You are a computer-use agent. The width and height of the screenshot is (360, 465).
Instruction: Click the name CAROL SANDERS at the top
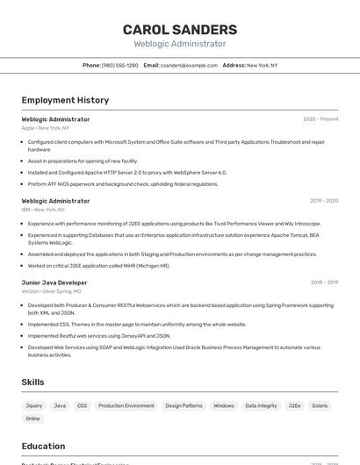tap(180, 30)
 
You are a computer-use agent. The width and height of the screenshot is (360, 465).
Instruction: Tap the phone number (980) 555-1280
tap(119, 66)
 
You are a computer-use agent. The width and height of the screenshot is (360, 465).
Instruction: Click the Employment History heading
tap(65, 100)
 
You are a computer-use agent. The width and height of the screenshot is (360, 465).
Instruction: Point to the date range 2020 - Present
tap(320, 119)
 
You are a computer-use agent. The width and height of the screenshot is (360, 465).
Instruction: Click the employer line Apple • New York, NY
tap(46, 128)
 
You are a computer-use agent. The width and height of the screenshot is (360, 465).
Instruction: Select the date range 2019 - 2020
tap(323, 201)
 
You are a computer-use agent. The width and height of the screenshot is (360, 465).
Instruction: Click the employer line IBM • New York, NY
tap(44, 210)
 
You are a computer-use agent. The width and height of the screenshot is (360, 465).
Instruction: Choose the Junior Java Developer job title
tap(54, 283)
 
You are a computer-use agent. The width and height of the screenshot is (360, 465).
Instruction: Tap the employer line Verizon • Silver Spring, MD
tap(51, 291)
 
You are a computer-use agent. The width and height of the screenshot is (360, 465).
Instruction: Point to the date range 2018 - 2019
tap(323, 283)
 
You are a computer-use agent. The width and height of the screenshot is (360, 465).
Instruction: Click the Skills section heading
tap(33, 383)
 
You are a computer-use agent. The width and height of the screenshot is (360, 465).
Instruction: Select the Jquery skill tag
tap(34, 406)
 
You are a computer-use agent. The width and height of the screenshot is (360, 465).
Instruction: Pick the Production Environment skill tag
tap(126, 406)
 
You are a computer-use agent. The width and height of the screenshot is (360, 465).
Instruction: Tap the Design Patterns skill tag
tap(184, 406)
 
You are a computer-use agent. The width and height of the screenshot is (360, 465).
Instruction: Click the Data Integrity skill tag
tap(261, 406)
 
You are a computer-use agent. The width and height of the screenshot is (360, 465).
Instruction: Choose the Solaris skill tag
tap(320, 406)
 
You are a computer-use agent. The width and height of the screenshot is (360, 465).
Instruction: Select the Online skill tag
tap(32, 418)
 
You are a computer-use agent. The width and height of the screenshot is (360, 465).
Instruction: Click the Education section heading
tap(44, 447)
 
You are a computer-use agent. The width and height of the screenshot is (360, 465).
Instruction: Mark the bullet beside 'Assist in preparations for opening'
tap(23, 161)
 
